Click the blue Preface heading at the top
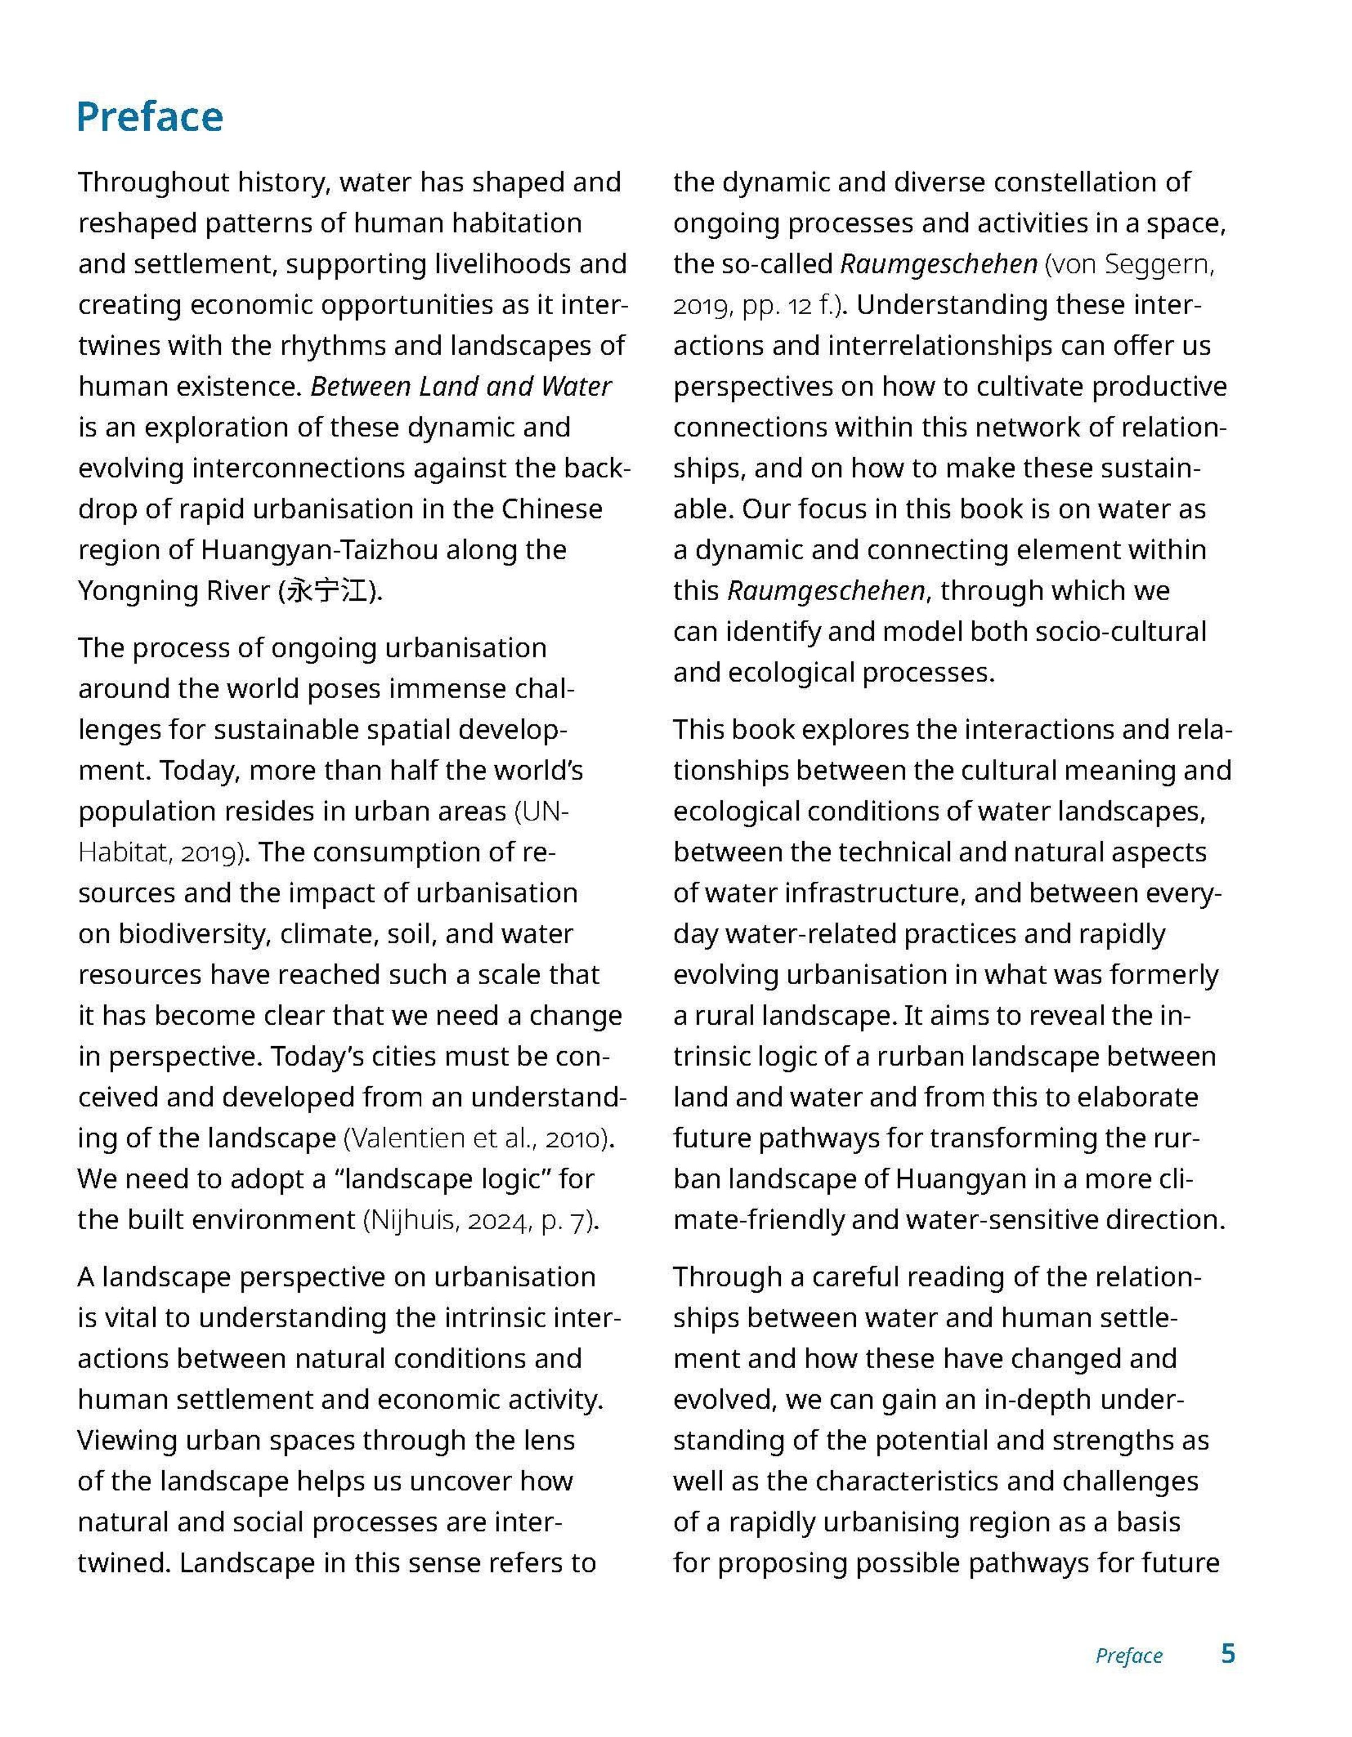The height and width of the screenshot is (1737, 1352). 150,117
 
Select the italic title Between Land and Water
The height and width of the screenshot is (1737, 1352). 461,386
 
